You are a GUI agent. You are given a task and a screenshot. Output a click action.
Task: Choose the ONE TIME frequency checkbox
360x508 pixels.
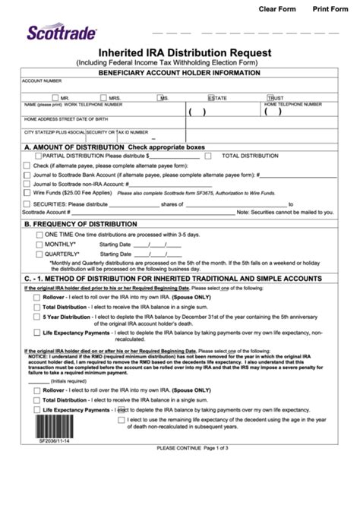[x=39, y=235]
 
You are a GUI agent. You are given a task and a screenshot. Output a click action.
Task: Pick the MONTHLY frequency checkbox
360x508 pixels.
[x=39, y=245]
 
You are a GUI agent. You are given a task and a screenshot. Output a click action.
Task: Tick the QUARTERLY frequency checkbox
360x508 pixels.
[x=39, y=255]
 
